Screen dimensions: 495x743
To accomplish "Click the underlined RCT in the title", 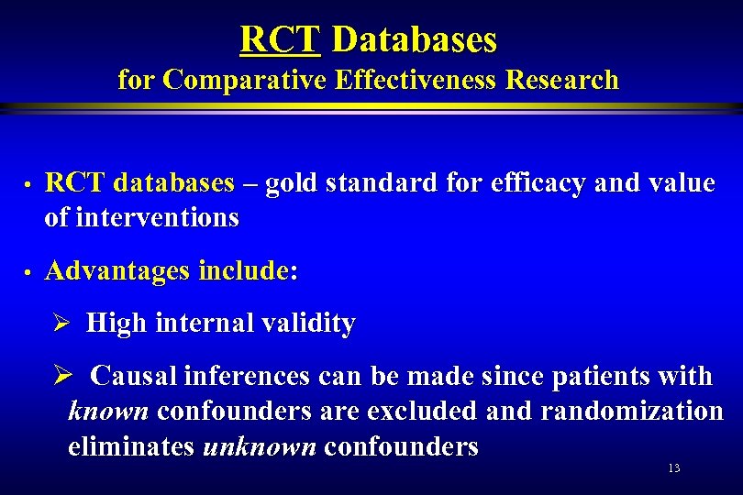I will [279, 39].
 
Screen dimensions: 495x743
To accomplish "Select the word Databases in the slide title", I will [414, 39].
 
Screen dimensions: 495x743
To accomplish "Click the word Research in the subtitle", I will [562, 81].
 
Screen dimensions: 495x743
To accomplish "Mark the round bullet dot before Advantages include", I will [28, 273].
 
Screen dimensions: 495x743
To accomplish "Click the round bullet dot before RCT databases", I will [28, 185].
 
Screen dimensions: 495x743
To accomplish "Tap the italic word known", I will [108, 412].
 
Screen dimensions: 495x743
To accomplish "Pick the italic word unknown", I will [259, 446].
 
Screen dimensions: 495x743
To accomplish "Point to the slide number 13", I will [674, 468].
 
